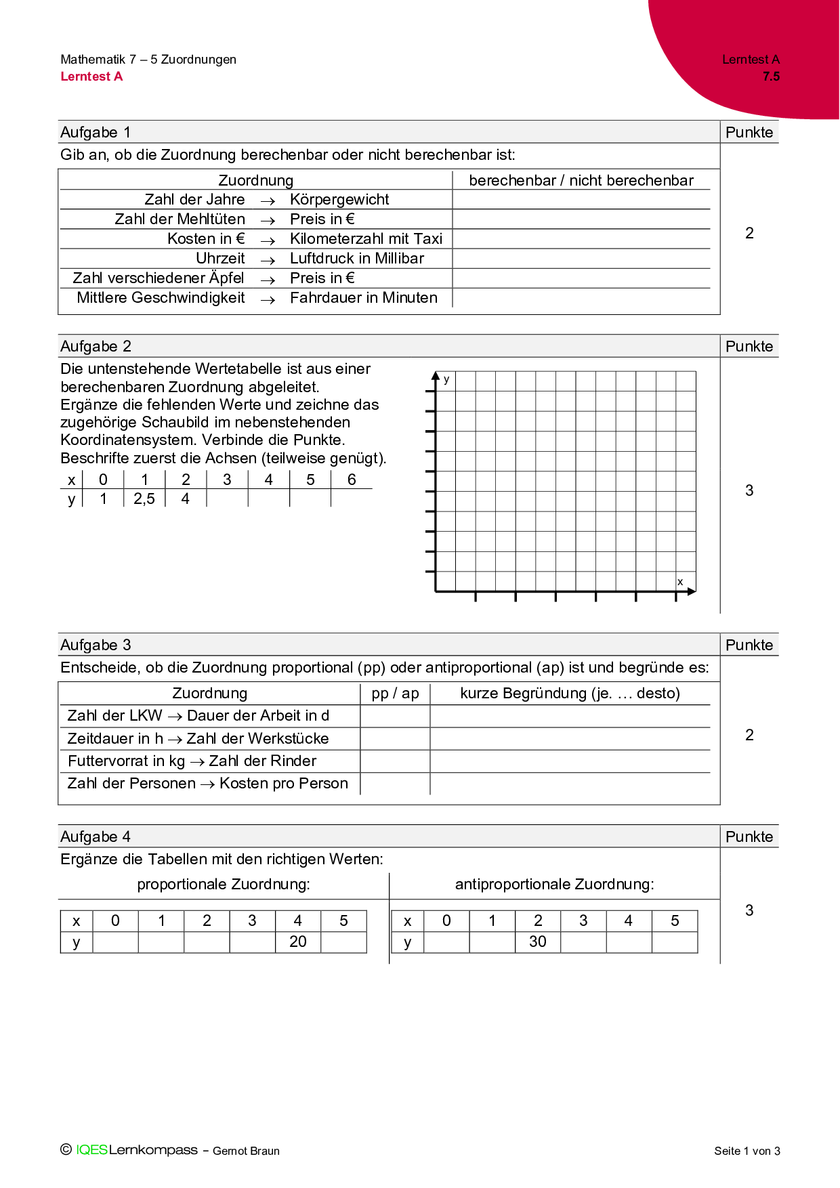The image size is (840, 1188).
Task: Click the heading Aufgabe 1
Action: point(96,132)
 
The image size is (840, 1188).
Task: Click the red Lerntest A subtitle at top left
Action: point(91,77)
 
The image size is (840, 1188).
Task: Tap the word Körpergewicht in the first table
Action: point(339,199)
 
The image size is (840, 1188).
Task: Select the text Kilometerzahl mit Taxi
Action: point(366,238)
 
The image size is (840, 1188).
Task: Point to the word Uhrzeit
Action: point(220,258)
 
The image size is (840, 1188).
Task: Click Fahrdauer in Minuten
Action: point(364,297)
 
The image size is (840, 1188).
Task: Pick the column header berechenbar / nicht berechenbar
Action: point(581,180)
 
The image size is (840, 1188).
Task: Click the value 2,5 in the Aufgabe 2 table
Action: point(144,498)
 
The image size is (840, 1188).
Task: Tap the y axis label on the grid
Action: point(446,379)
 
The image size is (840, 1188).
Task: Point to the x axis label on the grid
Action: point(680,582)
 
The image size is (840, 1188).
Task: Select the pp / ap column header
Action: point(395,693)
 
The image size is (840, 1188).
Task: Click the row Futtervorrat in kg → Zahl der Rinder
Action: point(192,761)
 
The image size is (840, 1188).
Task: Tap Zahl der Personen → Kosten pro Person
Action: point(207,783)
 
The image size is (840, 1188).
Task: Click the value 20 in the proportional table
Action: point(298,941)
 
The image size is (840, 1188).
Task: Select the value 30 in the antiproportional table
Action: point(538,941)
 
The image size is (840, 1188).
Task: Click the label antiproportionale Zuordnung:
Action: point(554,884)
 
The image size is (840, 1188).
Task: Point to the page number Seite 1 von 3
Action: point(747,1151)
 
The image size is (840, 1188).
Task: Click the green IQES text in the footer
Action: point(91,1149)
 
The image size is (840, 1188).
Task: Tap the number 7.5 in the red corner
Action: point(771,77)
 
